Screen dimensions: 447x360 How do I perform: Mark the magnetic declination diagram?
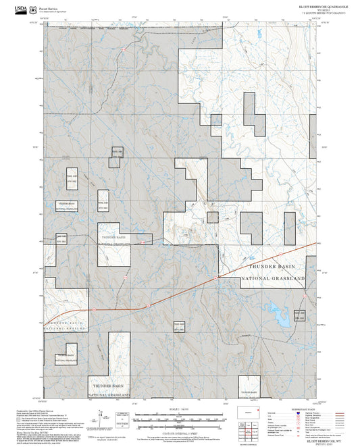coord(100,418)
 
